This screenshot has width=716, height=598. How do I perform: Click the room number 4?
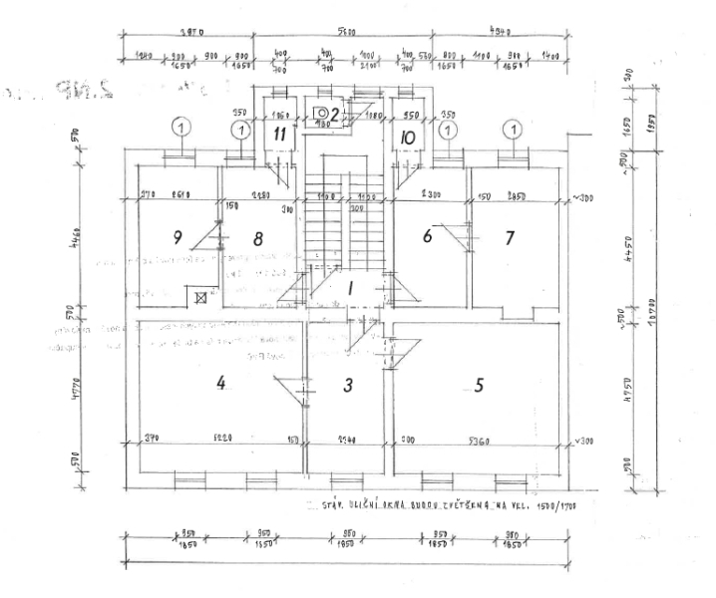(x=221, y=381)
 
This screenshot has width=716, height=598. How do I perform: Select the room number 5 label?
(x=479, y=386)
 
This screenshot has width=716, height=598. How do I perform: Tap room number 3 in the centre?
(x=349, y=386)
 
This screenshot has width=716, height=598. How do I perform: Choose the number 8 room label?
(x=257, y=238)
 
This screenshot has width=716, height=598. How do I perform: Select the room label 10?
(x=407, y=137)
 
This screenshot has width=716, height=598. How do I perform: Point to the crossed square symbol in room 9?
(x=200, y=296)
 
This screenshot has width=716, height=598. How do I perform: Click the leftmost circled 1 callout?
(x=180, y=128)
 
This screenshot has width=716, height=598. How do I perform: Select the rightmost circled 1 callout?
(x=513, y=129)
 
